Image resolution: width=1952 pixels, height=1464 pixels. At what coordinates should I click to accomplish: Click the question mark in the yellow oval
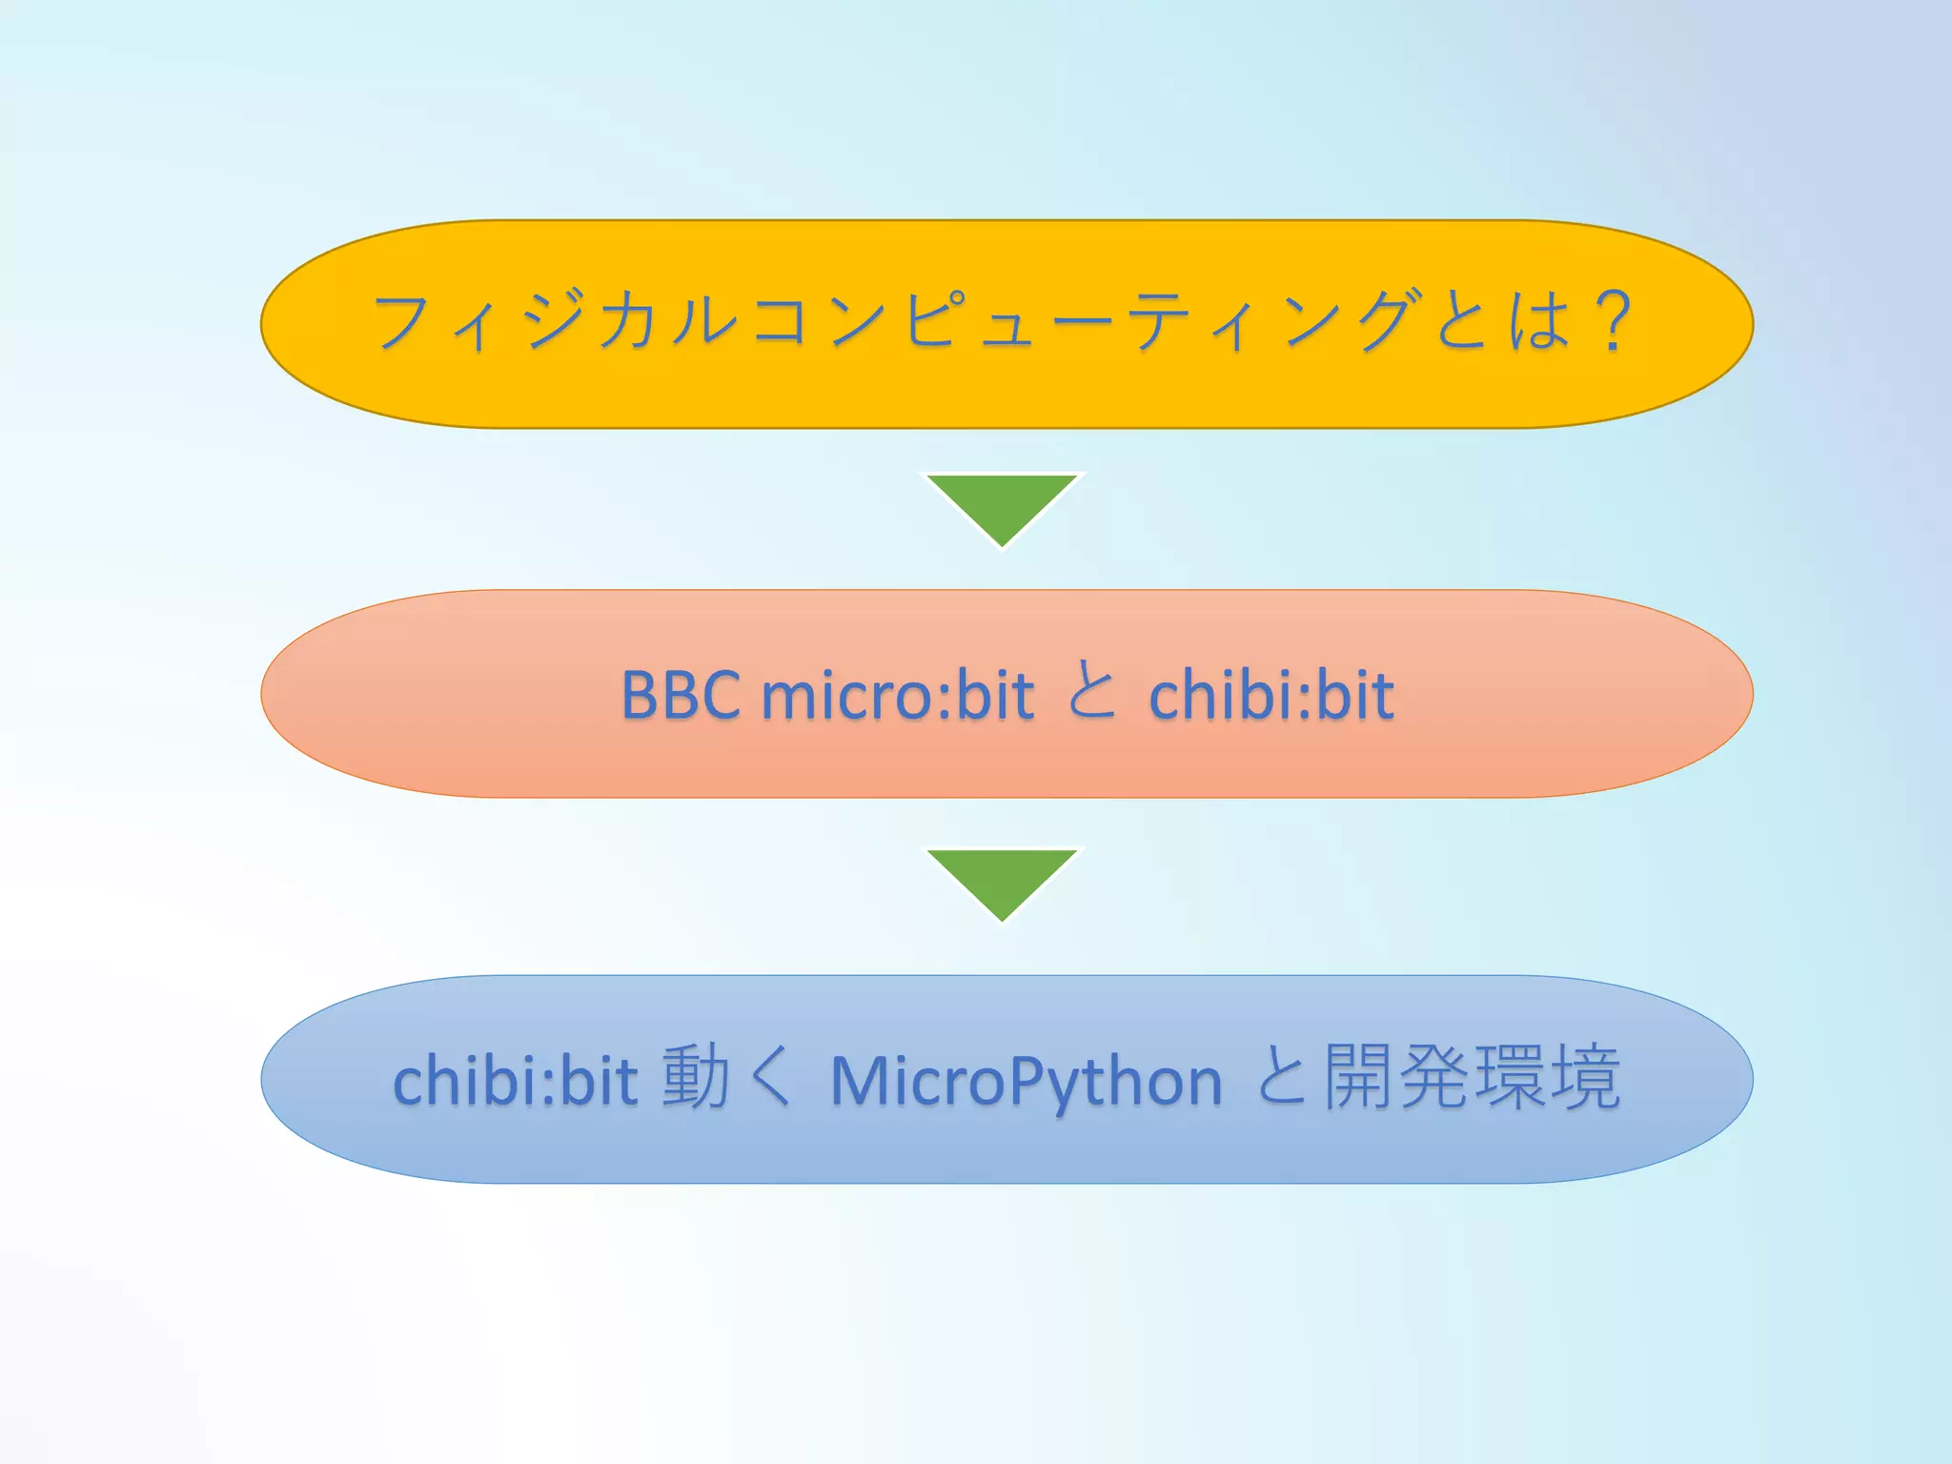tap(1614, 322)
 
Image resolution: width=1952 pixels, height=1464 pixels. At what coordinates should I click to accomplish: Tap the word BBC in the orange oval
tap(681, 695)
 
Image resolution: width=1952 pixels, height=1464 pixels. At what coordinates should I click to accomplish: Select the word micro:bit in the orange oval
tap(898, 695)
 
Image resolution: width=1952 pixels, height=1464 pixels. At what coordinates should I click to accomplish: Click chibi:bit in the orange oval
tap(1271, 695)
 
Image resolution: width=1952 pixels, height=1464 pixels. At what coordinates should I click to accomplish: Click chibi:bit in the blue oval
tap(515, 1082)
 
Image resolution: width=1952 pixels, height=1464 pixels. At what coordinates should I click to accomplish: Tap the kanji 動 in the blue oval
tap(696, 1078)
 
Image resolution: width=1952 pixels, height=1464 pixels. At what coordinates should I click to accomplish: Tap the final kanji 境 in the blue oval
tap(1584, 1078)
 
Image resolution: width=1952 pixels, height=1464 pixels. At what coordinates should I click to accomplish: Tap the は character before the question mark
tap(1538, 320)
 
